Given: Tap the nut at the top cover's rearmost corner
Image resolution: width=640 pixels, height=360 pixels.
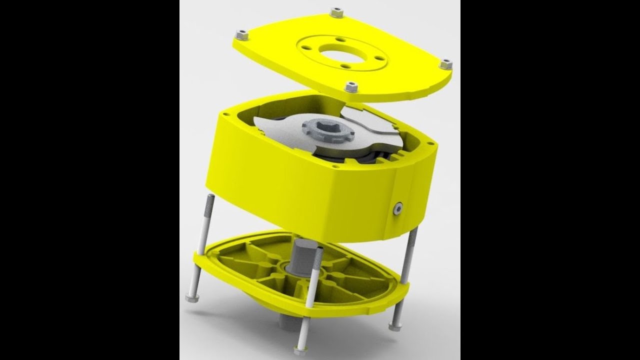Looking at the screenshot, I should pyautogui.click(x=337, y=12).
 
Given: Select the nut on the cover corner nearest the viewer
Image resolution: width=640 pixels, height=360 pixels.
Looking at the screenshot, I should pyautogui.click(x=351, y=86).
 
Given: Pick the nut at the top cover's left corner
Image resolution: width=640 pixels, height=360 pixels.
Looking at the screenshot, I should pyautogui.click(x=241, y=35).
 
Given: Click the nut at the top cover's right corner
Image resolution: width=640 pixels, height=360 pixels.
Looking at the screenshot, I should pyautogui.click(x=445, y=64).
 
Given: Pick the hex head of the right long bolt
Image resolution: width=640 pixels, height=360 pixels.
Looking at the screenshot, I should pyautogui.click(x=395, y=325).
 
